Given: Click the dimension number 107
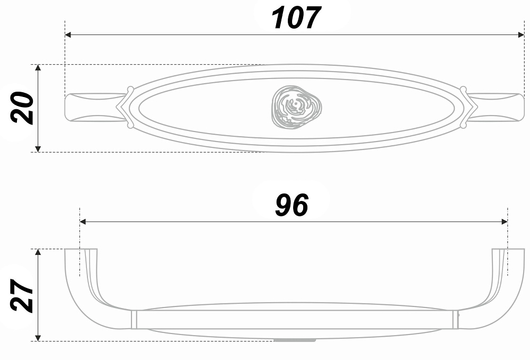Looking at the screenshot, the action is coord(295,18).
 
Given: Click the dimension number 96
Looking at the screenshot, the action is coord(291,205).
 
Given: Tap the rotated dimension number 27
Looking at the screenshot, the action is coord(22,295).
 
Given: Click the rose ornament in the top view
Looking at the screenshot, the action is coord(296,107).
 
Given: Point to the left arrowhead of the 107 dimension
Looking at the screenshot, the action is coord(68,35).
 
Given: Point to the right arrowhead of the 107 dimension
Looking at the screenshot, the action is coord(521,35).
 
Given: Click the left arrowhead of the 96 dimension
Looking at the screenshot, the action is coord(83,222).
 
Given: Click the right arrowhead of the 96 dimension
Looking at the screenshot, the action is coord(505,222).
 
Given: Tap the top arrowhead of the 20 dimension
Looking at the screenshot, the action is coord(38,68).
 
